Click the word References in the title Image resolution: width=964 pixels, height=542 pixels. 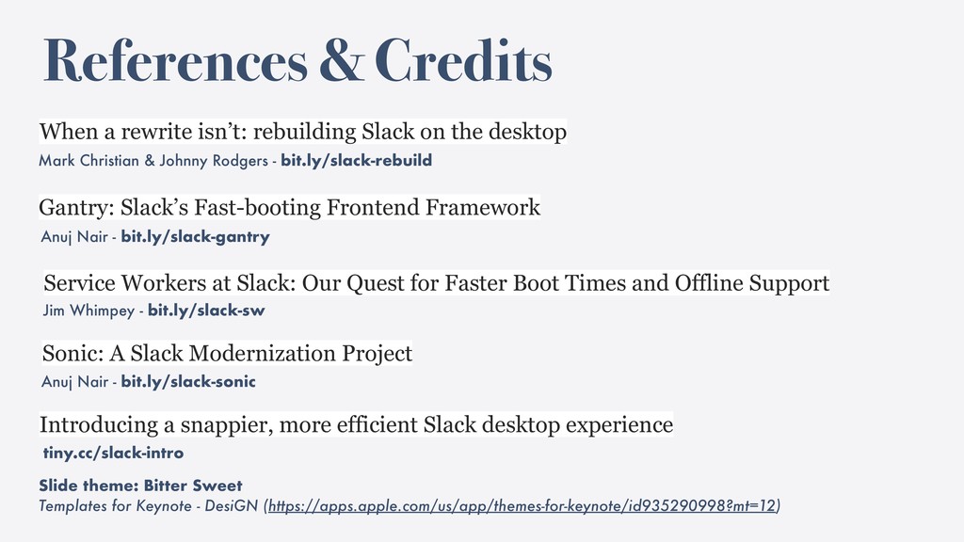tap(175, 59)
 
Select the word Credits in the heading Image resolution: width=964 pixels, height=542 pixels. tap(463, 59)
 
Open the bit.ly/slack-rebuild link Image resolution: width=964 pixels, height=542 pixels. tap(357, 160)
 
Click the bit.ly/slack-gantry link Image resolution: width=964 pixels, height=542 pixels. tap(196, 237)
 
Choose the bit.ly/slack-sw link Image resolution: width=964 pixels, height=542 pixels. tap(206, 311)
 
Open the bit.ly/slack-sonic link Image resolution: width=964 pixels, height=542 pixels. tap(188, 382)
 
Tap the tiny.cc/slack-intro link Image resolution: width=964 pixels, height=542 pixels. tap(113, 453)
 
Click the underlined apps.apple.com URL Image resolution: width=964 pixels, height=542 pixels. tap(522, 505)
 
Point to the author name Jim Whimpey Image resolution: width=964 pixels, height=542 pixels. tap(88, 311)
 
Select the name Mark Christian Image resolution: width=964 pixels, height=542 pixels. tap(88, 160)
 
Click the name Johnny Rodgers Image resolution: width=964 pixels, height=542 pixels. tap(214, 161)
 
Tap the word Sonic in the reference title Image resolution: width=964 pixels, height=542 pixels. tap(73, 354)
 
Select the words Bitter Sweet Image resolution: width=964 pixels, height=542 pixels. tap(193, 486)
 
